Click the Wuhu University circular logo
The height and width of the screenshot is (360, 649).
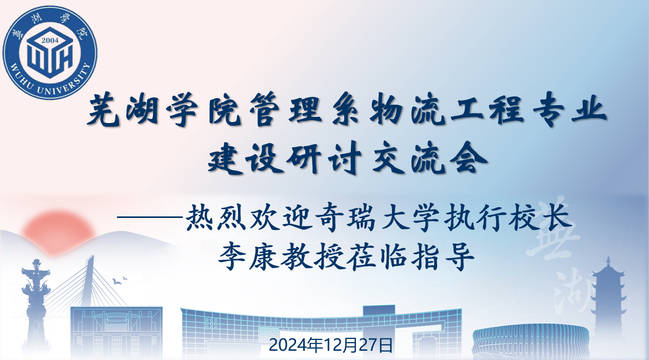(50, 50)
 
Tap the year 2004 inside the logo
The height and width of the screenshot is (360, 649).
(50, 40)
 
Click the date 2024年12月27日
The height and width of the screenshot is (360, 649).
(331, 345)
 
